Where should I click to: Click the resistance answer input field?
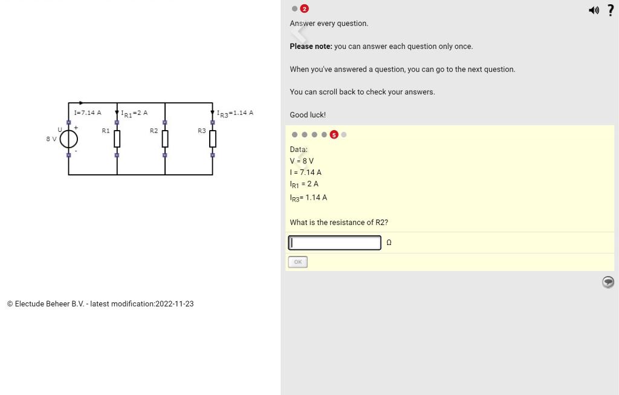[334, 243]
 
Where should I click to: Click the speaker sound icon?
[594, 10]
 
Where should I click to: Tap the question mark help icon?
[611, 10]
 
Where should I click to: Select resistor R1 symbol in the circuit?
[117, 139]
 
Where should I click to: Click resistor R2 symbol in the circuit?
[165, 139]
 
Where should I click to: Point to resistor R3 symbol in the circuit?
[213, 139]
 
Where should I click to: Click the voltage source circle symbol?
[68, 139]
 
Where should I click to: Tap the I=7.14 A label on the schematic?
[88, 113]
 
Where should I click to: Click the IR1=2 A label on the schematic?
[134, 113]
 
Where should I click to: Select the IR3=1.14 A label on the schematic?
[235, 113]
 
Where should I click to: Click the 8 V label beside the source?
[51, 139]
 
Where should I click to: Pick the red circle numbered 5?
[334, 135]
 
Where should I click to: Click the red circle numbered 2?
[304, 8]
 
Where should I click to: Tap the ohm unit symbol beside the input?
[389, 243]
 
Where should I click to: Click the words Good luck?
[308, 115]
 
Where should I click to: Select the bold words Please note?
[311, 47]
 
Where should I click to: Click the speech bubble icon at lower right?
[608, 282]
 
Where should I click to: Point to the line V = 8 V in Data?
[302, 161]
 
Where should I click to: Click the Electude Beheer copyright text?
[100, 304]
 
